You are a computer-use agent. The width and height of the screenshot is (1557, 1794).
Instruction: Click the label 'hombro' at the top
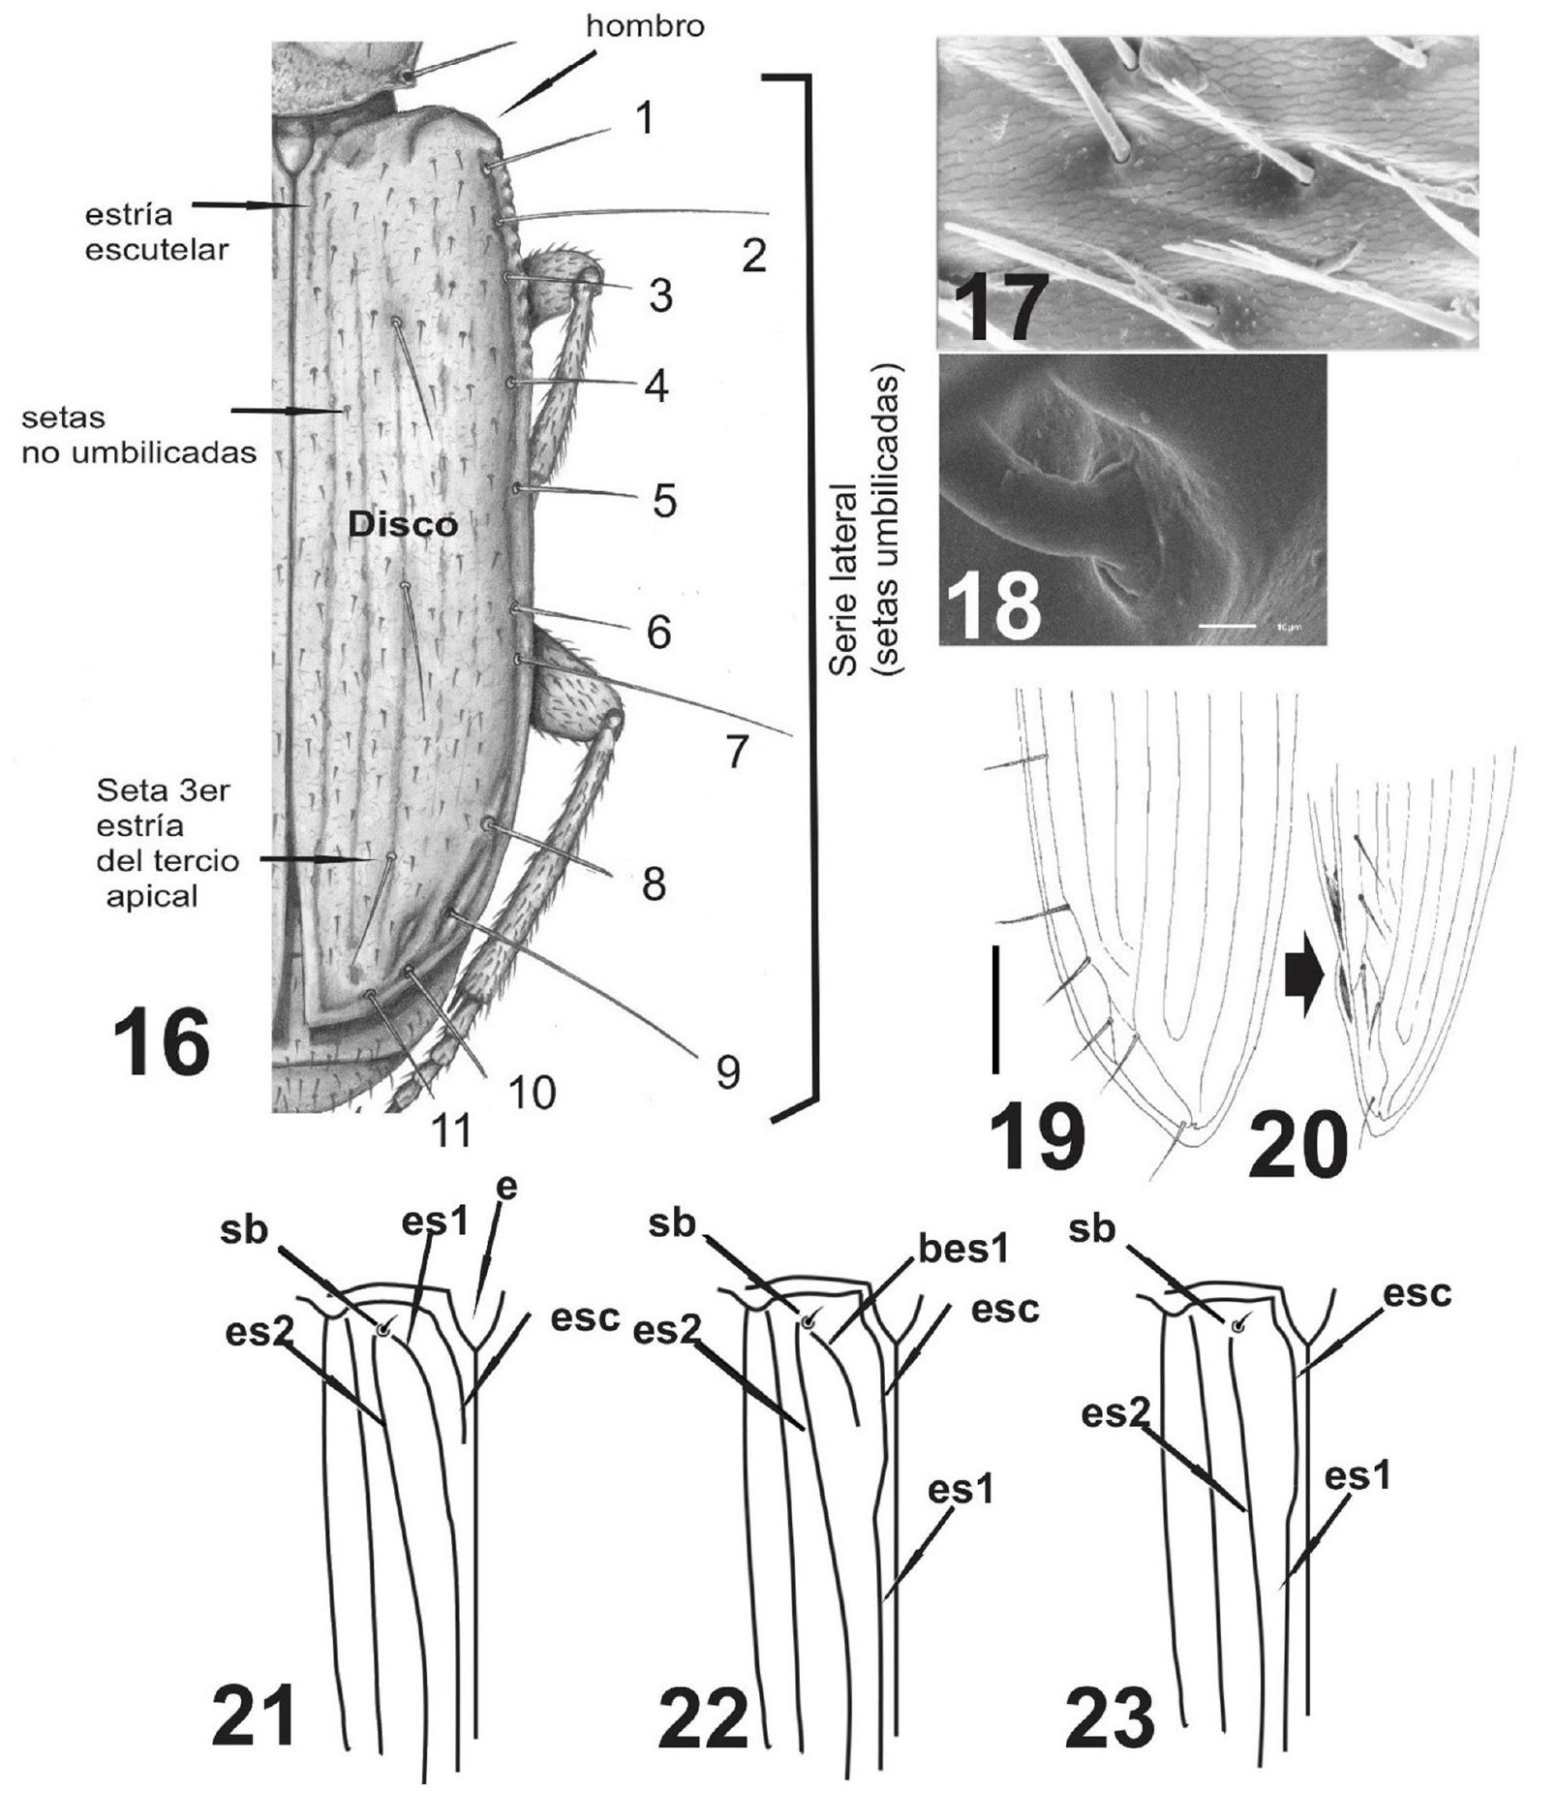tap(645, 26)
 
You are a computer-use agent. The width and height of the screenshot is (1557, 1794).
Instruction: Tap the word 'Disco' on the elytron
tap(403, 525)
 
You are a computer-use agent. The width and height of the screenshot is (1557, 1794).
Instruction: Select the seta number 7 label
tap(737, 753)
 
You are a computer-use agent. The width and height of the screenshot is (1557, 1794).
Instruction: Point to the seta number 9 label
tap(727, 1071)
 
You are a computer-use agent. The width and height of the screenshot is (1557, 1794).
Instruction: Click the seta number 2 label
tap(753, 256)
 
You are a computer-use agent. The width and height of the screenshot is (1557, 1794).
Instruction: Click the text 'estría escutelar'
tap(156, 232)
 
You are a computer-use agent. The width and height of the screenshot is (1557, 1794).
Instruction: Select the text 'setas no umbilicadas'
tap(138, 435)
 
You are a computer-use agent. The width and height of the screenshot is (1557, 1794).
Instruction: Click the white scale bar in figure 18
tap(1227, 626)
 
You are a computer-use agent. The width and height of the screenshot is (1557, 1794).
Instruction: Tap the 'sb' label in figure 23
tap(1092, 1229)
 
